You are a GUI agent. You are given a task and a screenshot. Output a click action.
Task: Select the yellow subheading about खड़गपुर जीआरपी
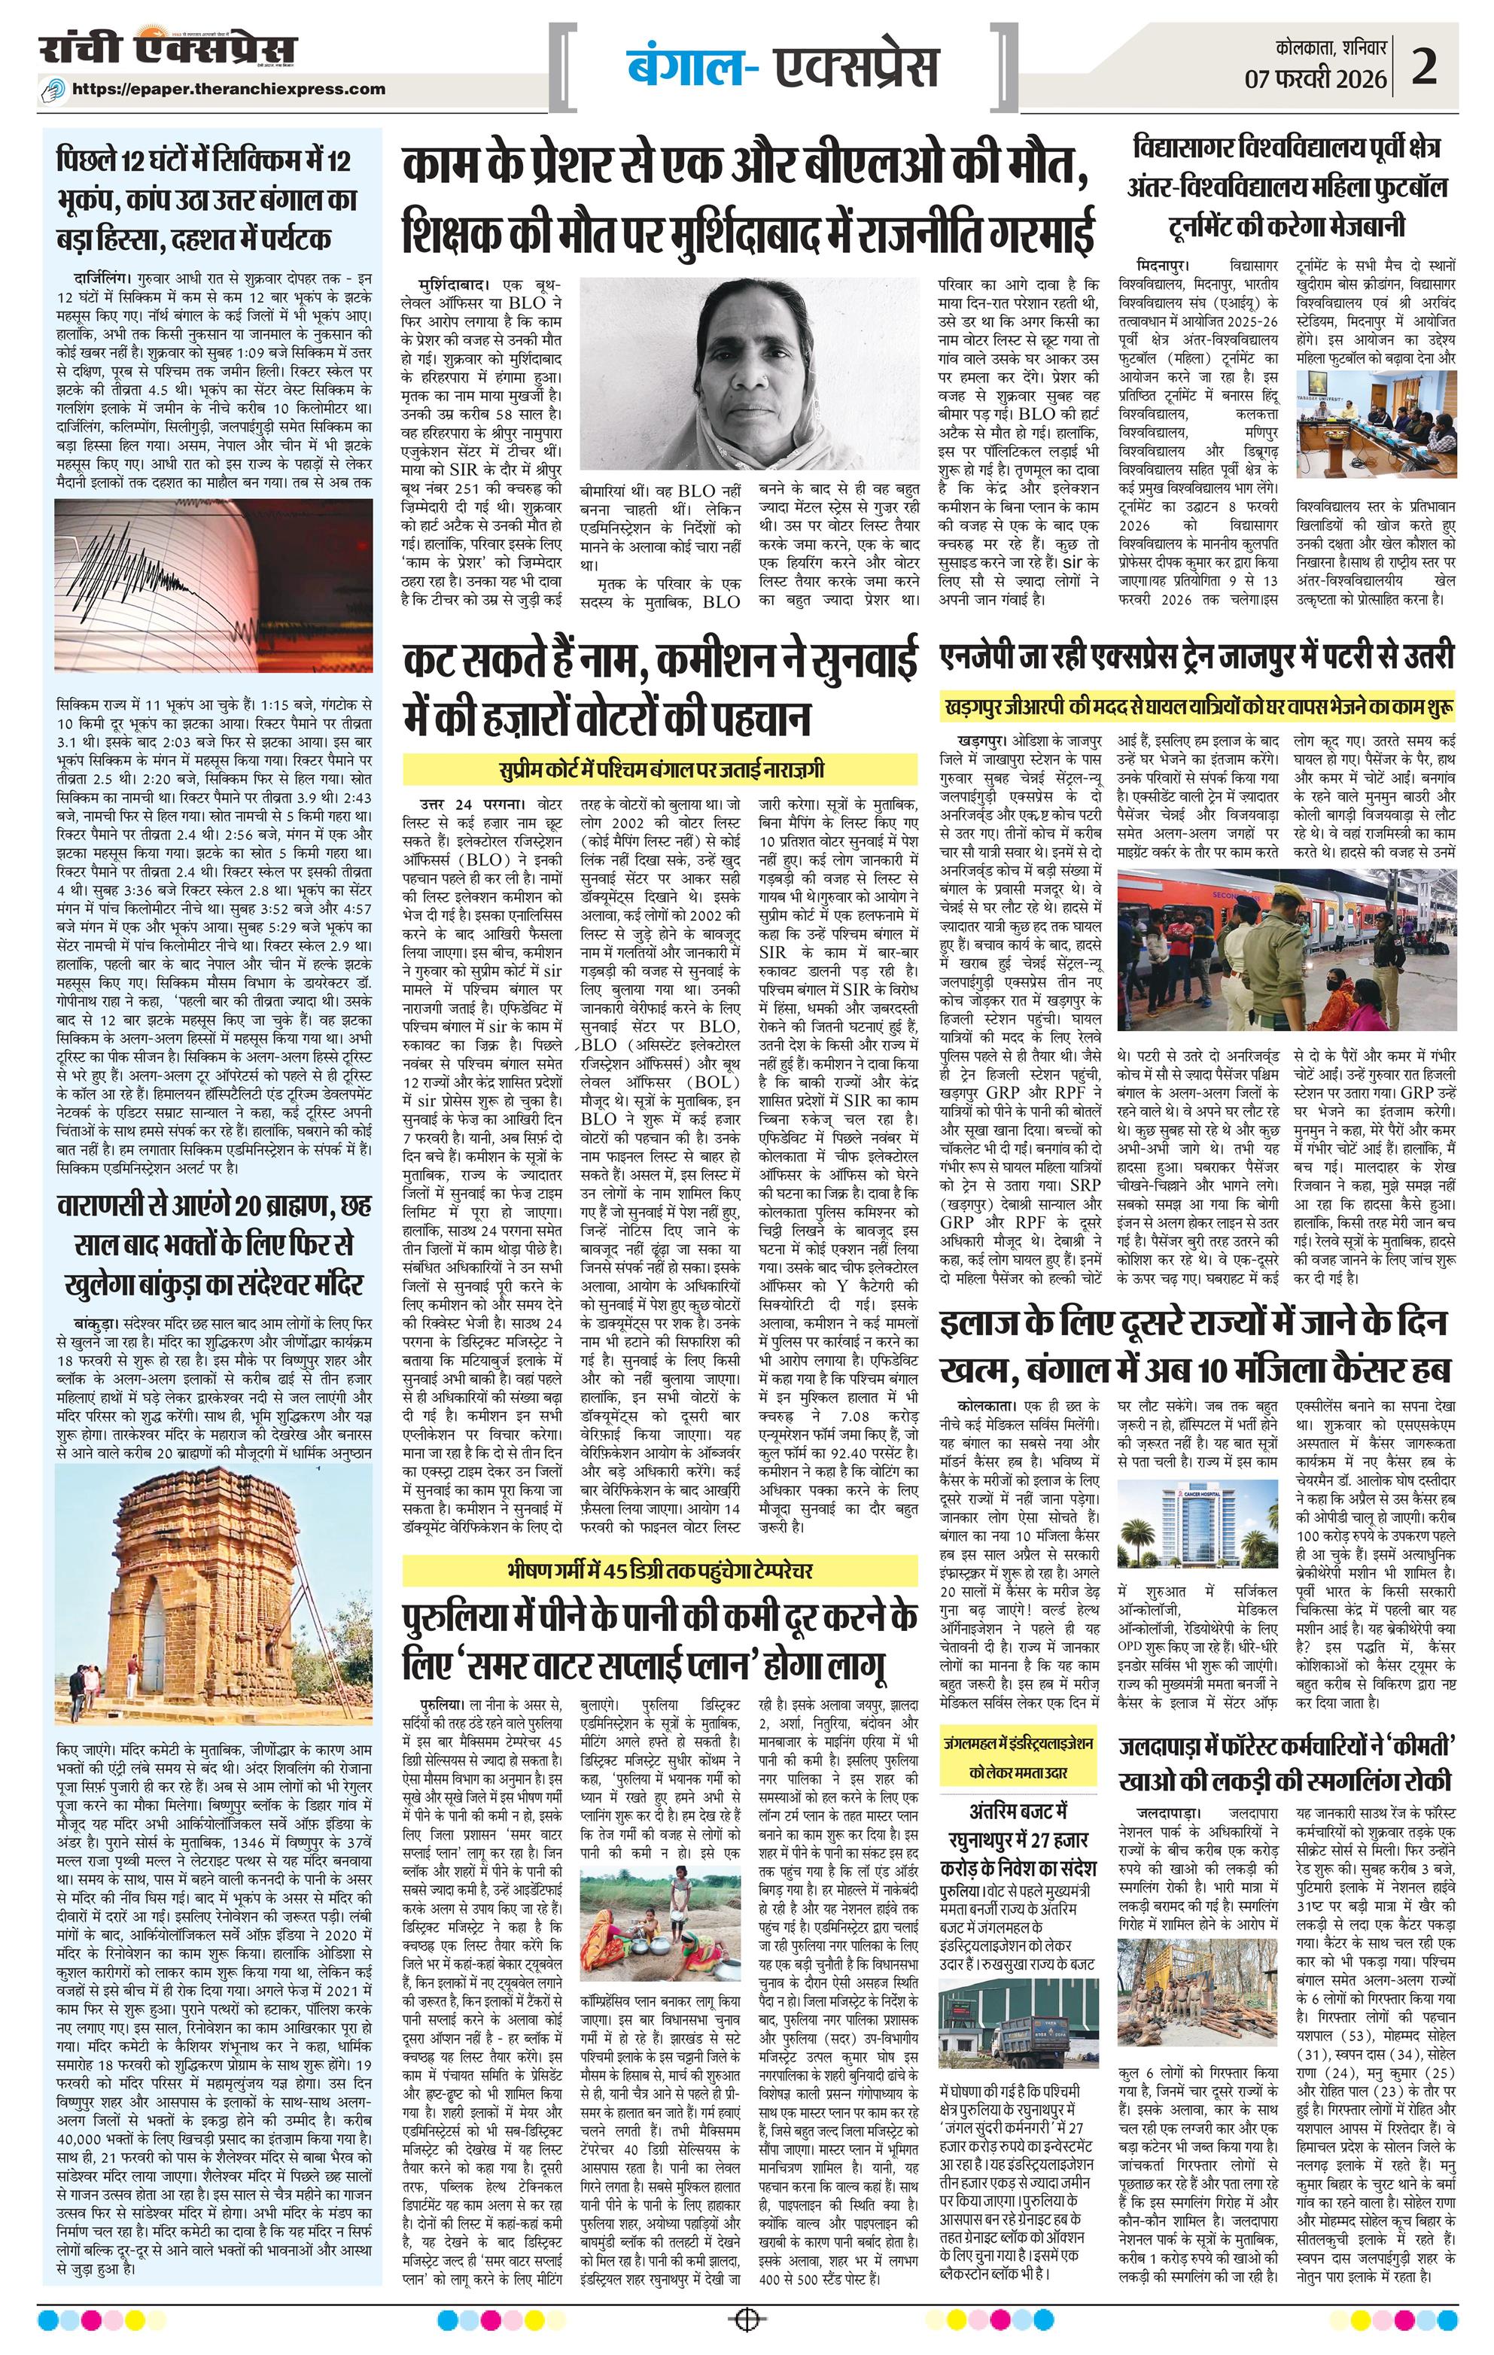pyautogui.click(x=1197, y=705)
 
